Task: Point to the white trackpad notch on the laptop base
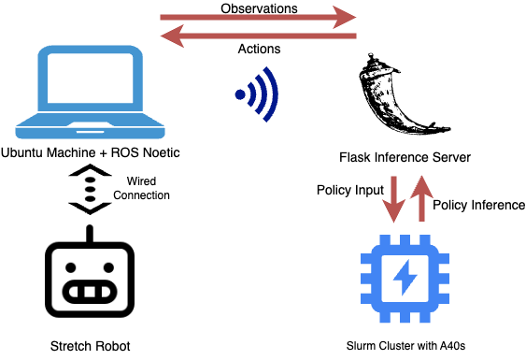(x=90, y=131)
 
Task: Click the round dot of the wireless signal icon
(x=240, y=94)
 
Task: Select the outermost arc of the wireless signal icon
(x=273, y=94)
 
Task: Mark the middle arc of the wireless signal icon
(x=262, y=94)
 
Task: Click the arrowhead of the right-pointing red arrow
(x=347, y=17)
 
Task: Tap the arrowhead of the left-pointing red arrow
(x=171, y=36)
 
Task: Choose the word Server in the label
(x=450, y=158)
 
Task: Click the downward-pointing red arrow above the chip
(x=394, y=198)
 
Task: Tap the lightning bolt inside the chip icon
(x=405, y=278)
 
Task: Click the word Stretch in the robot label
(x=71, y=346)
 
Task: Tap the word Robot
(x=111, y=346)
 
